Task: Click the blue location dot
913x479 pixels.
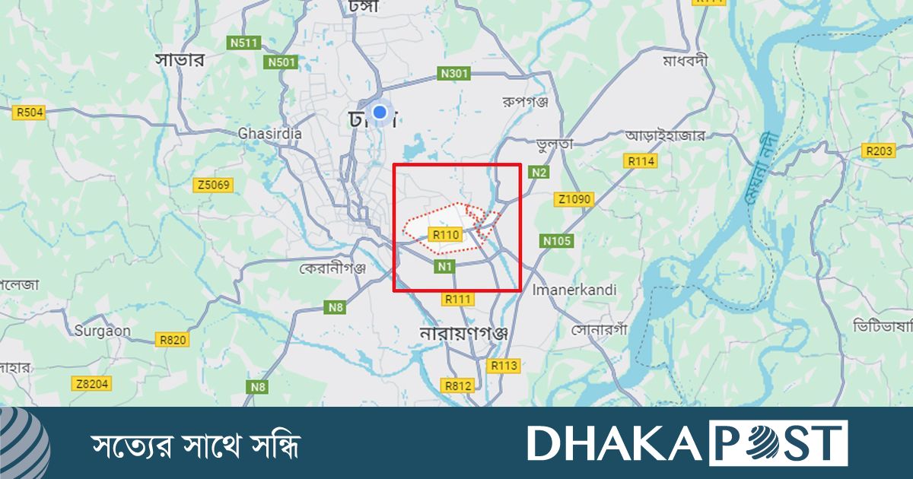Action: click(x=380, y=113)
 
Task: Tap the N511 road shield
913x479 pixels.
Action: click(x=243, y=43)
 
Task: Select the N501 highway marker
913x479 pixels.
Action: click(x=280, y=62)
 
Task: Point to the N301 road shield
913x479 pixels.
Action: click(x=454, y=74)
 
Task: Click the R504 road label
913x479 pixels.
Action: click(x=30, y=113)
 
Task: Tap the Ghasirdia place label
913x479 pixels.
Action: click(x=269, y=134)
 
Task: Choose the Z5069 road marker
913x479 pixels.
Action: click(x=214, y=185)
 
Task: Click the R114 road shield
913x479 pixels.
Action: click(x=640, y=161)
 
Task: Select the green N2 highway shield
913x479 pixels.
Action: click(x=539, y=173)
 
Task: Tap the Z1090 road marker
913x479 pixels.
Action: click(x=573, y=200)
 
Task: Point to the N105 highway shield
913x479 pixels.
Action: click(x=556, y=241)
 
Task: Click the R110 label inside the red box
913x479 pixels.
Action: click(x=445, y=234)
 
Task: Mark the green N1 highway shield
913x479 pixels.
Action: click(x=445, y=266)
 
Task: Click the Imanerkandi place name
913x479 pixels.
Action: click(x=574, y=290)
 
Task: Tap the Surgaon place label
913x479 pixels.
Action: click(x=102, y=331)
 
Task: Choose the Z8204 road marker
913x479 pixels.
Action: click(x=92, y=384)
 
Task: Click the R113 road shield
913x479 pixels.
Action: click(x=504, y=366)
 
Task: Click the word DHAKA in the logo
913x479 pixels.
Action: click(x=616, y=443)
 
